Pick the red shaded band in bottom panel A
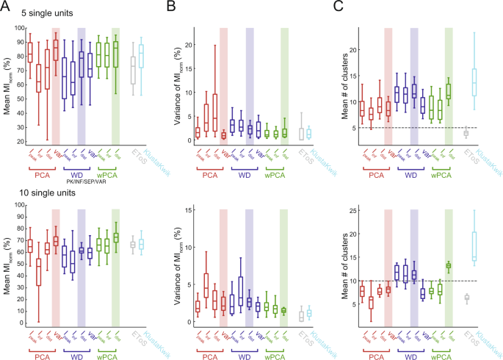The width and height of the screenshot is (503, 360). [x=57, y=264]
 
